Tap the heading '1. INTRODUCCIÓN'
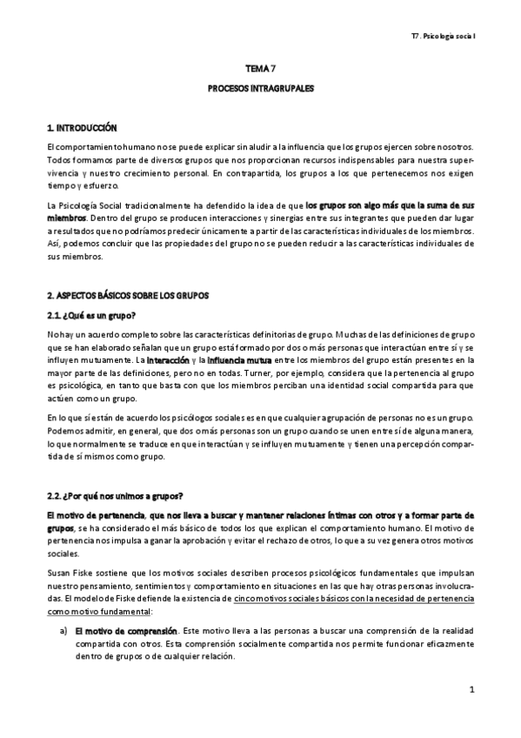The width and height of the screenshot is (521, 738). [81, 127]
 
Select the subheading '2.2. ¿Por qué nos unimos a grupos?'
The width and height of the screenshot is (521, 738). [116, 496]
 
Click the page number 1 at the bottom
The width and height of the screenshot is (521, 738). [471, 691]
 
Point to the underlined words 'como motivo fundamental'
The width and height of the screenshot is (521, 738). [100, 612]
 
